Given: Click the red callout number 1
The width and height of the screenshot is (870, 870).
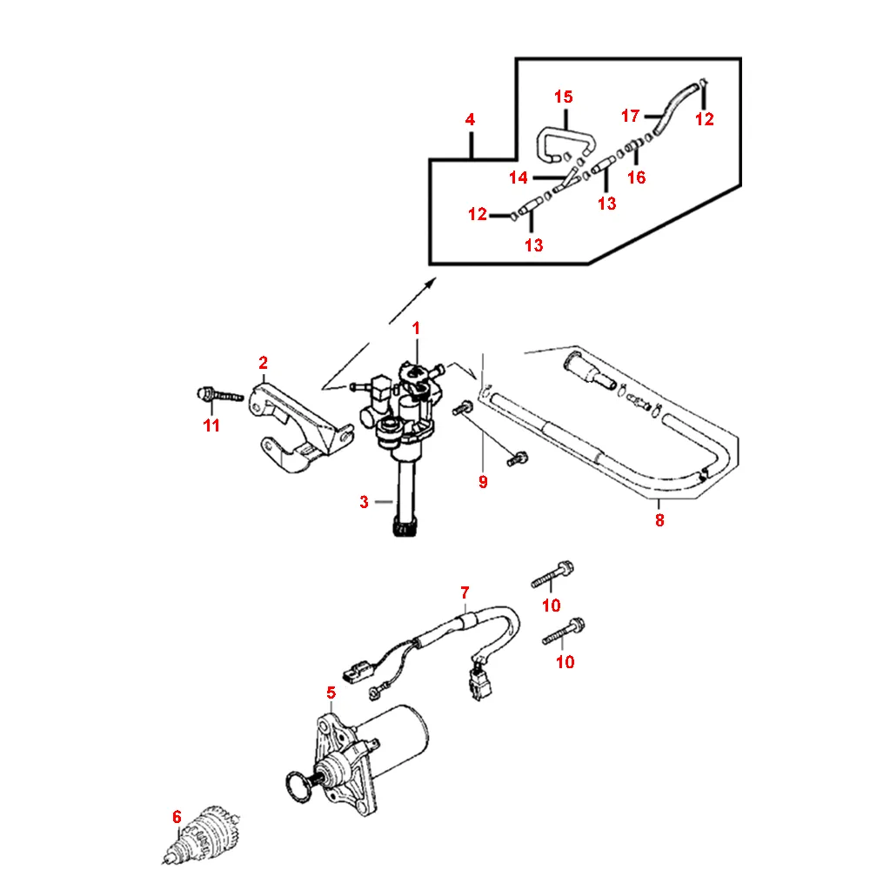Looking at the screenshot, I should coord(416,328).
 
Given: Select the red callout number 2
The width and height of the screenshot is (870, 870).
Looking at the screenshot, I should coord(263,362).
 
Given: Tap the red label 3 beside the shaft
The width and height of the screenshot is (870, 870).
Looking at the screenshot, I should coord(365,502).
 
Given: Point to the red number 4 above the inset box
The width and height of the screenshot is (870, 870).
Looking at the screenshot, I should coord(470,120).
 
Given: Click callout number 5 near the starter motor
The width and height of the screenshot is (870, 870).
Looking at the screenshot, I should coord(331,693).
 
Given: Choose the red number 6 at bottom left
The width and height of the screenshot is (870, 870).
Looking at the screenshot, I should coord(177,817).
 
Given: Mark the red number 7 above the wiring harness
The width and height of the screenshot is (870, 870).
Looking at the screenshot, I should coord(465,592).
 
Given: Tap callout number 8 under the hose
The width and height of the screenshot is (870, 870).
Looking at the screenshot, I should coord(659,521).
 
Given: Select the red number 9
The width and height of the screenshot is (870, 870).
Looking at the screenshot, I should coord(483,481).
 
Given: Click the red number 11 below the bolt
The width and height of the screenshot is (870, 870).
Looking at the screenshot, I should coord(211,425).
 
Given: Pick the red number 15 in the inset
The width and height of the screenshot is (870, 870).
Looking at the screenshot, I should coord(564,96).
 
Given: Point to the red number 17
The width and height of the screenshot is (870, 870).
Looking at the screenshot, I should coord(631,115).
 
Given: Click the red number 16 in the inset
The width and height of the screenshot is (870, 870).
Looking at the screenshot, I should coord(637,177).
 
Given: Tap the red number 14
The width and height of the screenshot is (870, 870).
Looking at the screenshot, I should coord(519,178).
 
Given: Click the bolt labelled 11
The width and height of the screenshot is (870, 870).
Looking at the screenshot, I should coord(217,396).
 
